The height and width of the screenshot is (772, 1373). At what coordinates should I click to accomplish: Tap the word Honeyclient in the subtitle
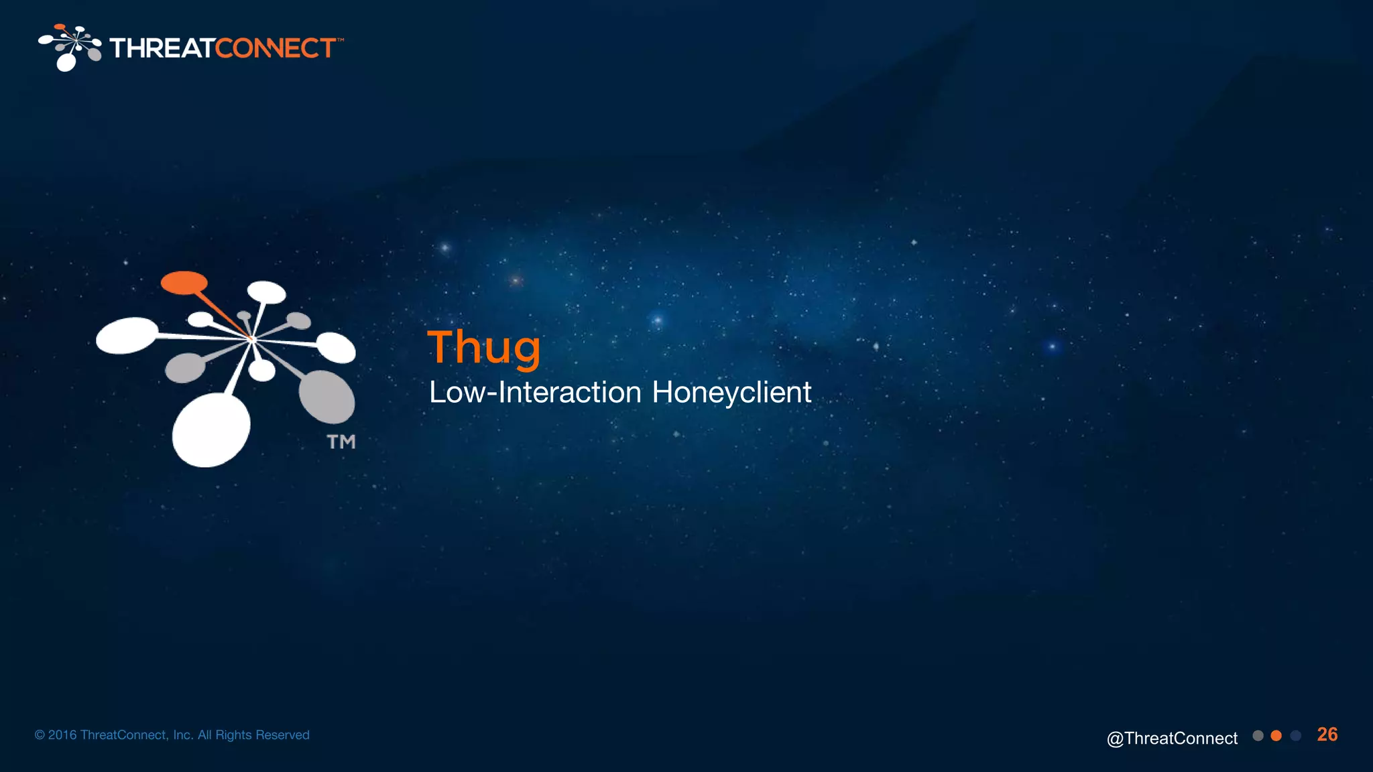click(x=731, y=392)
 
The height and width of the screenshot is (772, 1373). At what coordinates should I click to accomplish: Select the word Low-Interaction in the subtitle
click(x=535, y=392)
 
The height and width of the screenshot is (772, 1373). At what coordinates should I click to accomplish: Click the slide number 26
click(x=1327, y=734)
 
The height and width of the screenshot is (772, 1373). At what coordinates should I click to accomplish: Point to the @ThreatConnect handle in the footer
click(x=1172, y=738)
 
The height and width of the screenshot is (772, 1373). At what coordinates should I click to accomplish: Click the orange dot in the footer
click(x=1276, y=736)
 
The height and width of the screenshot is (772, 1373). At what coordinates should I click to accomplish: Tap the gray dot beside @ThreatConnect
click(x=1258, y=736)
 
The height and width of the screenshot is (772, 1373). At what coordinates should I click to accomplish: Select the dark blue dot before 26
click(x=1296, y=736)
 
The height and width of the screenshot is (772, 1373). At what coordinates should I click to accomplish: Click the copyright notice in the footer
click(x=172, y=735)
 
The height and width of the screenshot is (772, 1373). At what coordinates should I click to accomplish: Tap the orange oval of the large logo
click(x=184, y=282)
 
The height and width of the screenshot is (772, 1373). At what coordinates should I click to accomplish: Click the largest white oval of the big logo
click(x=211, y=430)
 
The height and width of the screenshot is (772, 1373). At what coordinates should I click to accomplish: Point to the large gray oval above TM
click(x=326, y=396)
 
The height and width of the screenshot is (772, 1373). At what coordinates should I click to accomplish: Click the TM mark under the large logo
click(x=341, y=442)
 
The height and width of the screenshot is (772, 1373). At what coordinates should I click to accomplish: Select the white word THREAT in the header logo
click(x=162, y=48)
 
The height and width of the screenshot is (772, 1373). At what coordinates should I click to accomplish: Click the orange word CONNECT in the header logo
click(x=275, y=48)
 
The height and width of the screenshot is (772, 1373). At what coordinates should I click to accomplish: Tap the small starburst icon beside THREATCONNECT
click(x=70, y=47)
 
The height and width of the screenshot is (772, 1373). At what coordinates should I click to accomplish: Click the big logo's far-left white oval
click(x=127, y=335)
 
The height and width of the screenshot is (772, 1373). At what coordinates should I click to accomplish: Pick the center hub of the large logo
click(x=252, y=340)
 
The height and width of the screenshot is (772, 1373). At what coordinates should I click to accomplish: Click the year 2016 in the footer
click(x=62, y=735)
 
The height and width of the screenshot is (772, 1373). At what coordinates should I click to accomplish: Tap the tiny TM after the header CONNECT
click(x=341, y=40)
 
